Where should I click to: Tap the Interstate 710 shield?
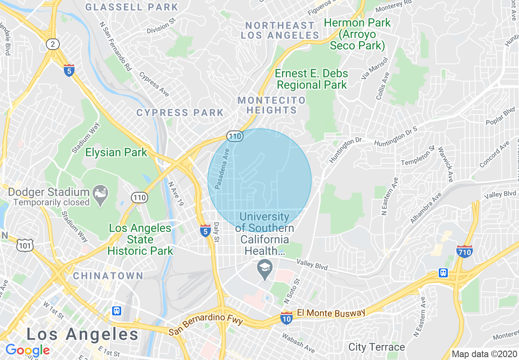(465, 251)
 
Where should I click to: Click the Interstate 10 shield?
(287, 317)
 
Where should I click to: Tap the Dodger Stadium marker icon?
(100, 191)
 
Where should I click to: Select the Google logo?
(27, 350)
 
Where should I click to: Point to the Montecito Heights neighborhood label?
(271, 105)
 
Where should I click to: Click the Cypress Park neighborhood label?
(180, 112)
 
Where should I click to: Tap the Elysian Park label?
(116, 153)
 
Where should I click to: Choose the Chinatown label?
(108, 276)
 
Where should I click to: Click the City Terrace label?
(377, 347)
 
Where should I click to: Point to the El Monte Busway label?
(331, 313)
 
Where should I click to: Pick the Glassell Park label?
(132, 7)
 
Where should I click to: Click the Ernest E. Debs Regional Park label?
(312, 79)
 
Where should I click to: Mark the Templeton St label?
(417, 156)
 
